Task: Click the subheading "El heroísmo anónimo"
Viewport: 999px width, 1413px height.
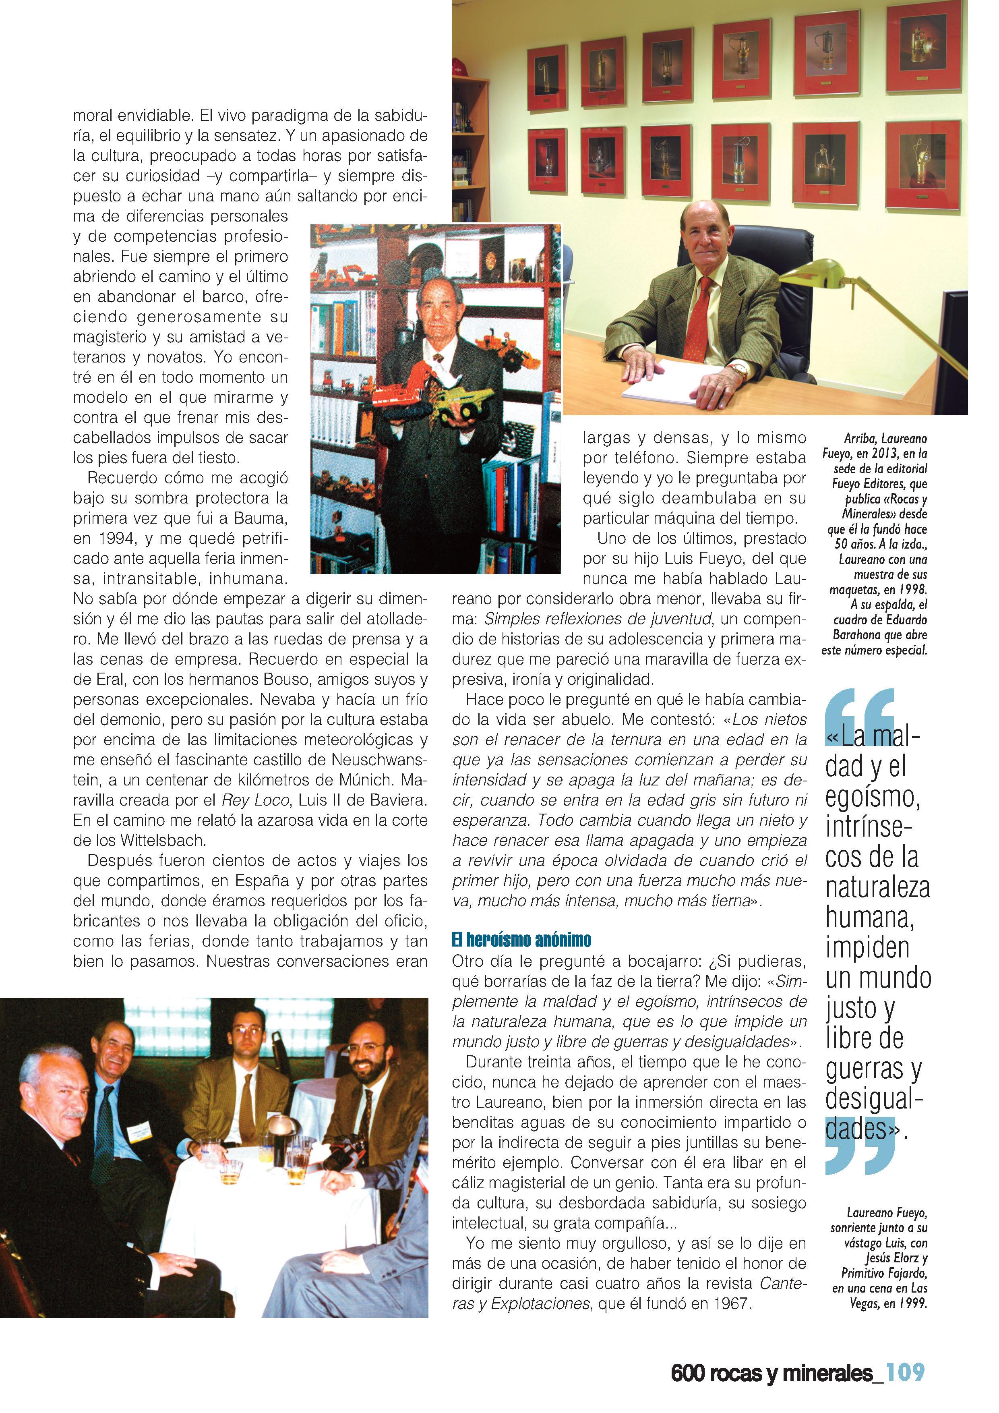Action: [x=521, y=940]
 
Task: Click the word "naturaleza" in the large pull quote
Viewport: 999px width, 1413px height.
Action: [x=877, y=889]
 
